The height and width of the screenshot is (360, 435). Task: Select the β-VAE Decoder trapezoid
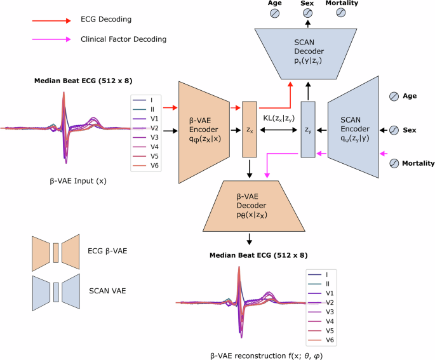250,205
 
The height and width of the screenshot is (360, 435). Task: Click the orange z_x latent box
249,129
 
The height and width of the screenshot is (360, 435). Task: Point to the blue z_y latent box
308,129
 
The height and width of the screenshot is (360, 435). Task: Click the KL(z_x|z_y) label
278,117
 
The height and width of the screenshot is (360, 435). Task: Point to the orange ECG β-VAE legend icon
55,250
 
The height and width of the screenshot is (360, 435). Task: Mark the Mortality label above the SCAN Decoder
342,3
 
